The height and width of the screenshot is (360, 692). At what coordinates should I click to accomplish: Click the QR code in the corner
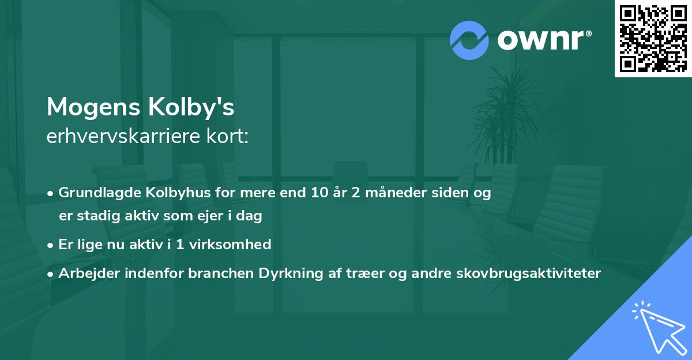[653, 38]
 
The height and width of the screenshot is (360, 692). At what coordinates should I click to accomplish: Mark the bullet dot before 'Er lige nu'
[51, 245]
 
